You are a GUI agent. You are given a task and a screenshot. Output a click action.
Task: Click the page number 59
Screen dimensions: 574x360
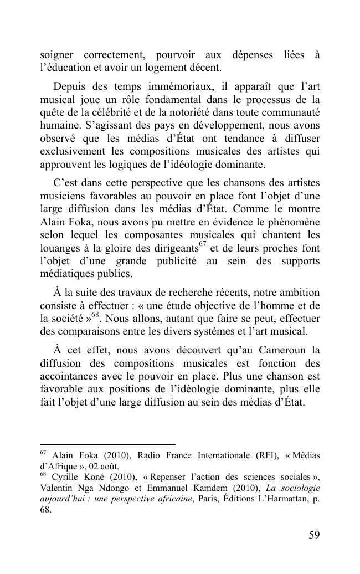tap(313, 535)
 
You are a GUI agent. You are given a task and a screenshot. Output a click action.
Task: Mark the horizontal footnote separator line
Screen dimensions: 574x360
tap(107, 444)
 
